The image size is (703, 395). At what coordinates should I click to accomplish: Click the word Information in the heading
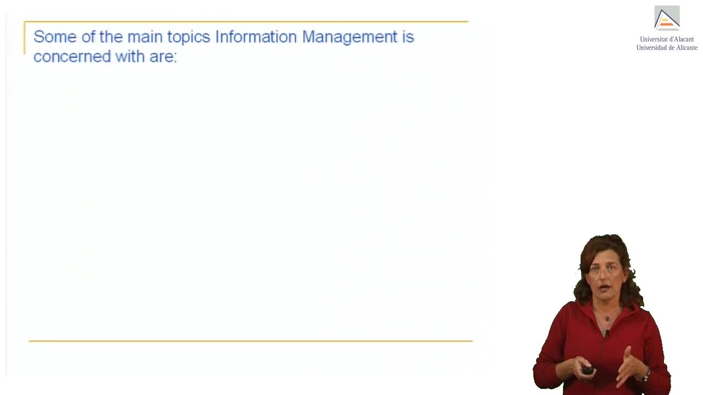256,37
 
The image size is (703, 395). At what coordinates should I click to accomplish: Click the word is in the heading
408,37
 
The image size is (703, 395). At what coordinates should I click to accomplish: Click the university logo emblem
667,18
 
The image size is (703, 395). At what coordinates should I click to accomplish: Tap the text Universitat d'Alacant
667,39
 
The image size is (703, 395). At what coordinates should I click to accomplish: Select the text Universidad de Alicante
667,48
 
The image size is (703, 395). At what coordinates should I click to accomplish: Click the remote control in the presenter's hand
587,370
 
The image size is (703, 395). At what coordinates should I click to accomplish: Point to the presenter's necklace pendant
607,319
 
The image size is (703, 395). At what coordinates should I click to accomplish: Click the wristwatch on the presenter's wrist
646,375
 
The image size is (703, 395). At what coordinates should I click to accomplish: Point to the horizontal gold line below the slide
250,341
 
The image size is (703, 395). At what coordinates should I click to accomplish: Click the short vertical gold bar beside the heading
24,38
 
